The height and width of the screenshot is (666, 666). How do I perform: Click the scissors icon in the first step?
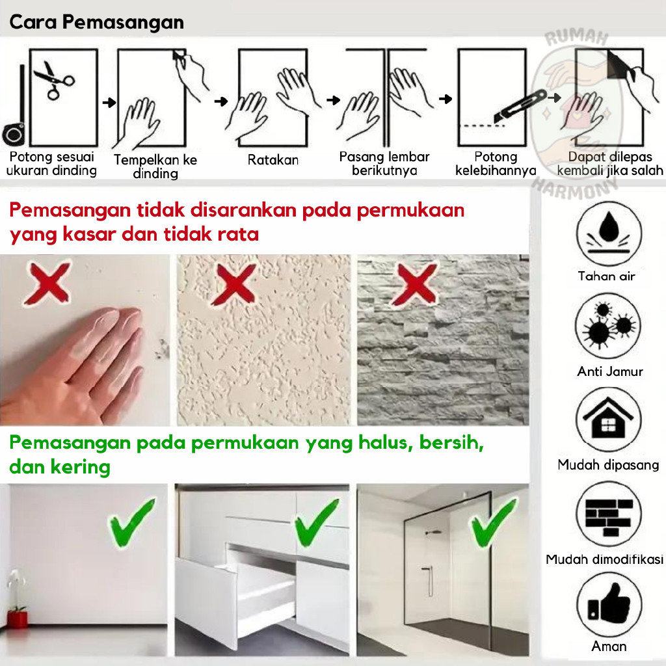pyautogui.click(x=54, y=80)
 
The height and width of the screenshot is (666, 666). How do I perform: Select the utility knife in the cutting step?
pyautogui.click(x=520, y=107)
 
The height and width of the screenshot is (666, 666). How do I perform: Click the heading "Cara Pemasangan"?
pyautogui.click(x=96, y=22)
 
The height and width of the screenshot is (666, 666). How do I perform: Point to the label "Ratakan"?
pyautogui.click(x=273, y=160)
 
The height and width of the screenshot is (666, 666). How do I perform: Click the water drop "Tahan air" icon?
pyautogui.click(x=609, y=233)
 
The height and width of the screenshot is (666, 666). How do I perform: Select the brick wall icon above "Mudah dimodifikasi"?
pyautogui.click(x=609, y=514)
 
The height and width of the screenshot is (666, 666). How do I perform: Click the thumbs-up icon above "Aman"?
pyautogui.click(x=609, y=604)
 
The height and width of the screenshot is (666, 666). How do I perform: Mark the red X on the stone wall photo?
pyautogui.click(x=415, y=284)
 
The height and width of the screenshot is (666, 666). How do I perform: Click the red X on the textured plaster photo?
pyautogui.click(x=235, y=284)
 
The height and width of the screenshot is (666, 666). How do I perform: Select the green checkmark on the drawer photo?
pyautogui.click(x=317, y=523)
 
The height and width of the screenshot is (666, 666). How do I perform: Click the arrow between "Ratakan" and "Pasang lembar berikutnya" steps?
pyautogui.click(x=334, y=100)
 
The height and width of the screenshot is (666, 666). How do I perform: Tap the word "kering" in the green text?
pyautogui.click(x=80, y=468)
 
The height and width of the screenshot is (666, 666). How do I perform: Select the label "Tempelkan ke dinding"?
pyautogui.click(x=155, y=166)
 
